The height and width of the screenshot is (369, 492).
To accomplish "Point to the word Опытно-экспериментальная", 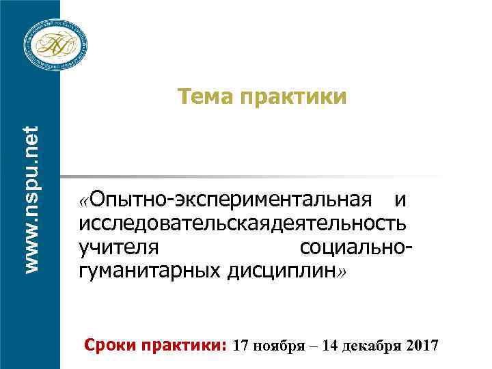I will pyautogui.click(x=234, y=200).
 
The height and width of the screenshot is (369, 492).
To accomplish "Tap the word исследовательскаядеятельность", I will pyautogui.click(x=243, y=223).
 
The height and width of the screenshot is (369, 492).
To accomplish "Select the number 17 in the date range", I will pyautogui.click(x=243, y=344).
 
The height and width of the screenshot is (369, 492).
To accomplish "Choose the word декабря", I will pyautogui.click(x=373, y=344).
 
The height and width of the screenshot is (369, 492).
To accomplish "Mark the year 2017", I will pyautogui.click(x=422, y=344).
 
